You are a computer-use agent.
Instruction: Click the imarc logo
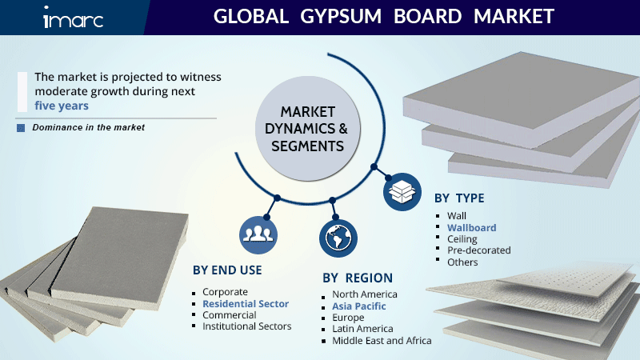(73, 18)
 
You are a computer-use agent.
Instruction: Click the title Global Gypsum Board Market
(383, 17)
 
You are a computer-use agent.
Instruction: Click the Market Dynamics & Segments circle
(307, 129)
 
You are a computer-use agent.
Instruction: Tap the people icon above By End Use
(257, 233)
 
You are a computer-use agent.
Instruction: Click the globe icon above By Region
(336, 238)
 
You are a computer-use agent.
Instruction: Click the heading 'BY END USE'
(227, 270)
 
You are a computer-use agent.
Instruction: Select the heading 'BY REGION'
(358, 278)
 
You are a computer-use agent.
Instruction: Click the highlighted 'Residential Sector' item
(245, 304)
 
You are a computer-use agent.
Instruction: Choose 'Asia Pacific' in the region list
(359, 306)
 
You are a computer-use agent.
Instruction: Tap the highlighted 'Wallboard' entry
(471, 227)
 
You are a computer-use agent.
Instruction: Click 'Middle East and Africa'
(382, 340)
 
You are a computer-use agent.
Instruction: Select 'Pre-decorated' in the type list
(478, 250)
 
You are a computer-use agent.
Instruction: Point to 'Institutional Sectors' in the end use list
(246, 326)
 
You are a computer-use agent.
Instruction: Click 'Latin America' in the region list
(362, 329)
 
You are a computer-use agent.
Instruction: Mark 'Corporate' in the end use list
(225, 292)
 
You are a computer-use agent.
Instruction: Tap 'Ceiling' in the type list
(462, 238)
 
